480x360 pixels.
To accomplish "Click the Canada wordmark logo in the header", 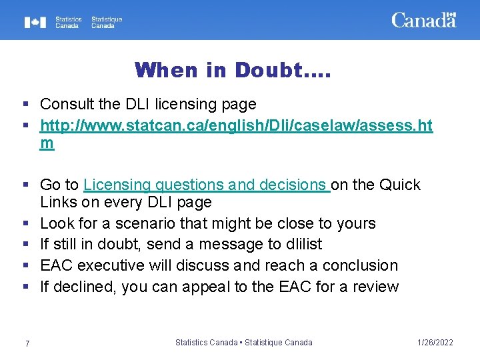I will point(423,20).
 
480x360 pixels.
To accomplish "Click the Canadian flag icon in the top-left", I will point(35,23).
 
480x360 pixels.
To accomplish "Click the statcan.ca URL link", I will point(236,125).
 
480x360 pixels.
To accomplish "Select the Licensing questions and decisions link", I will point(207,185).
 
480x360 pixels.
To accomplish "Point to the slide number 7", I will point(27,343).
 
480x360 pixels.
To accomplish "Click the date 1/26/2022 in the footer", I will point(434,343).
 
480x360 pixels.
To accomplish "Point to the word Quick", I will point(401,185).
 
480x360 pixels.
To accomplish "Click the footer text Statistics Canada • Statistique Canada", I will point(243,343).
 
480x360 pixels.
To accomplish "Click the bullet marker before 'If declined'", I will point(25,287).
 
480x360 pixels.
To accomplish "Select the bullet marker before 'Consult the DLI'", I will point(25,104).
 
